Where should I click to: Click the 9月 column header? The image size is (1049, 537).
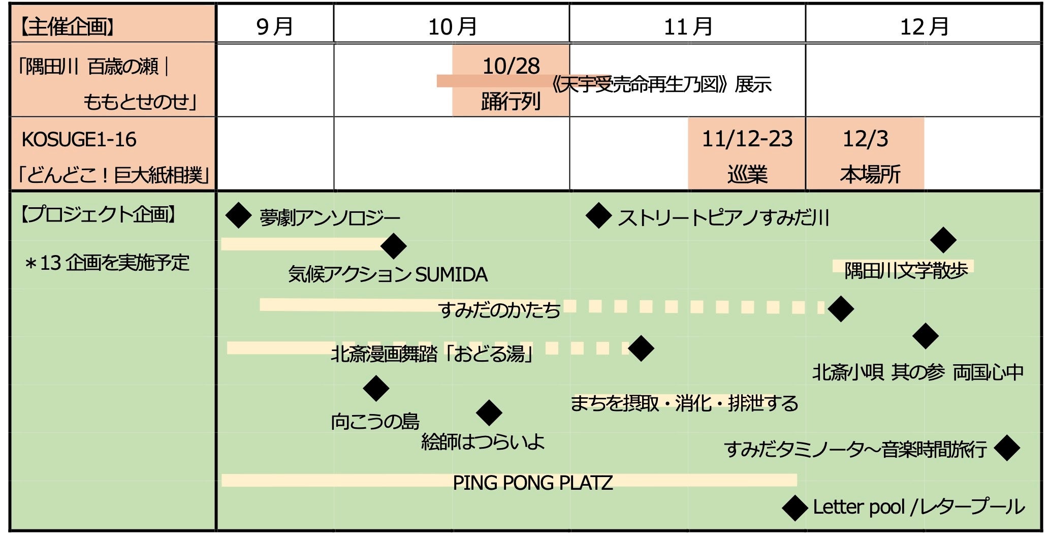pos(275,26)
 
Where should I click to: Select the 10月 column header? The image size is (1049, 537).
pos(452,26)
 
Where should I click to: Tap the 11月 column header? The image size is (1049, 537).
pos(688,26)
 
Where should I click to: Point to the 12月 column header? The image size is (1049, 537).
pos(924,26)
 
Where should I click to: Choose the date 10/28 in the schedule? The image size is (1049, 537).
pos(511,66)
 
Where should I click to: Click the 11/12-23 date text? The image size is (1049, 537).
pos(747,139)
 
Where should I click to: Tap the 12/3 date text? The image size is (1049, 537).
pos(865,139)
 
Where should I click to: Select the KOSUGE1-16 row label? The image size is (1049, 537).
pos(79,140)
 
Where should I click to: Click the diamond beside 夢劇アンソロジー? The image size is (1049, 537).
pos(238,215)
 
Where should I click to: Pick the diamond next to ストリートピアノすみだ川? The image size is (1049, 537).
pos(598,215)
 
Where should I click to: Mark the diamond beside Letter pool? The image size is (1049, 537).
pos(795,508)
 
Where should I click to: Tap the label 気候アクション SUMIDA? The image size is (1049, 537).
pos(388,274)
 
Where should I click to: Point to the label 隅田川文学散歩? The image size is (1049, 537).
pos(906,270)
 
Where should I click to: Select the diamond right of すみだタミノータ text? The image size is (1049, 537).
pos(1007,448)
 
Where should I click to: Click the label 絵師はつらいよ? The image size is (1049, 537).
pos(483,442)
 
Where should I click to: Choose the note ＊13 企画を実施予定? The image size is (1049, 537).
pos(107,263)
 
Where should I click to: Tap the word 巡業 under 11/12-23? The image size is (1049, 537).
pos(747,175)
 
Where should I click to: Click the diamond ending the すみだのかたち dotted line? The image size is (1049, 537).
pos(841,309)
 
